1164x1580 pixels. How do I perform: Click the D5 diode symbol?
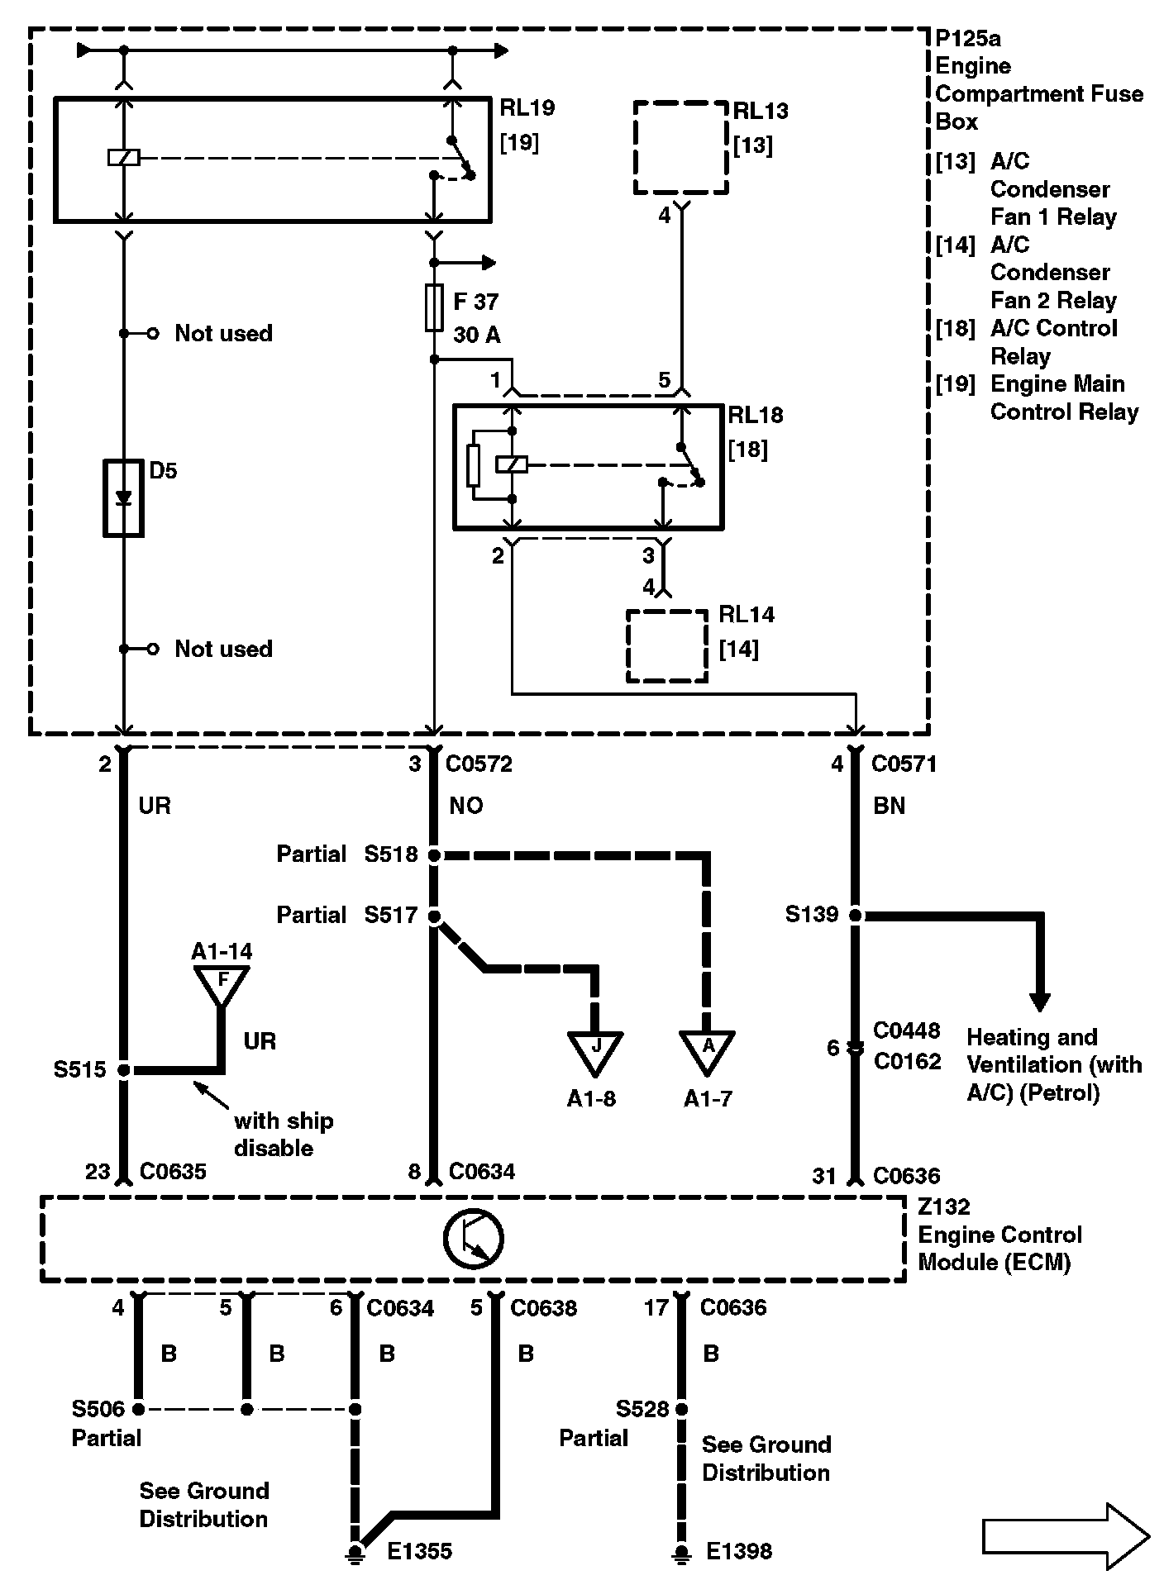(x=123, y=499)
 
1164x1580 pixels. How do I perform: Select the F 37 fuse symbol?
(x=433, y=308)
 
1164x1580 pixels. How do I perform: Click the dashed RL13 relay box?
(x=681, y=148)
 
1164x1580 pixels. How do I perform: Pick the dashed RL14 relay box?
(x=667, y=646)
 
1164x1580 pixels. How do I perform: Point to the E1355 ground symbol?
(x=356, y=1552)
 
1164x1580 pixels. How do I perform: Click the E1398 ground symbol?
(x=680, y=1552)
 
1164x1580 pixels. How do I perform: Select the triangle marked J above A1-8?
(x=595, y=1050)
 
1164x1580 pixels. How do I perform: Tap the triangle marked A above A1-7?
(x=707, y=1050)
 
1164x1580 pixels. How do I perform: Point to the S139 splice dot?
(x=856, y=916)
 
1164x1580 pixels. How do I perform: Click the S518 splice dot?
(x=434, y=855)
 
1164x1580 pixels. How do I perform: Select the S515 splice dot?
(x=124, y=1070)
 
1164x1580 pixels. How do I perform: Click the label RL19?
(x=527, y=108)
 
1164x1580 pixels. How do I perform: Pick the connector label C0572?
(x=479, y=764)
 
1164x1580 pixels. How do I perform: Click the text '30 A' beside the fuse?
(x=476, y=336)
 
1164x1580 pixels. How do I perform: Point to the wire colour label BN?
(x=889, y=806)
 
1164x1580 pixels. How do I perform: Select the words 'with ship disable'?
(x=283, y=1135)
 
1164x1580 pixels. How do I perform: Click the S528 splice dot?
(x=681, y=1409)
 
